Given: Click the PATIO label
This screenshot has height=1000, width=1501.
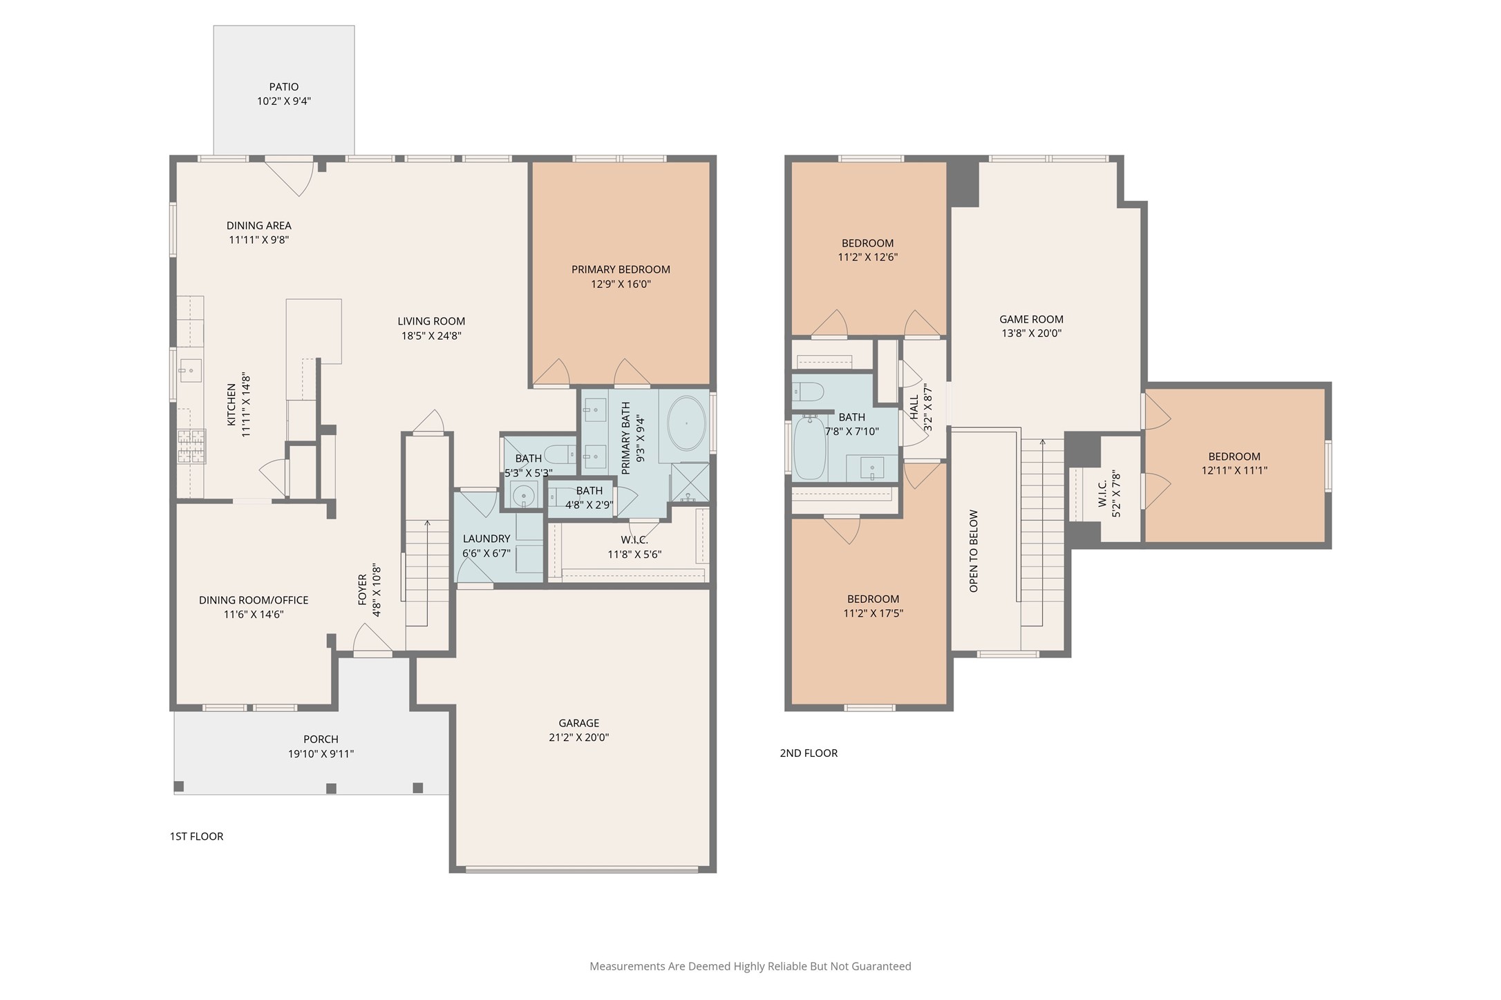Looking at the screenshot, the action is click(x=284, y=87).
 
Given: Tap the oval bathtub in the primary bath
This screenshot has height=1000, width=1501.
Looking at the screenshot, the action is click(x=686, y=423).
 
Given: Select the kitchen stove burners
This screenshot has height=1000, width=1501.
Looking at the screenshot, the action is click(x=191, y=446).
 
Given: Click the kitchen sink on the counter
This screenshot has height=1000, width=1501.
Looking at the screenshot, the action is click(x=190, y=371).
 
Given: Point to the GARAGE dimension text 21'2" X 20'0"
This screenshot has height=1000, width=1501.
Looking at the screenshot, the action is click(x=579, y=737).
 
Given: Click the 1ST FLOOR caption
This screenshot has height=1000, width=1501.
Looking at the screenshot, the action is click(x=197, y=836).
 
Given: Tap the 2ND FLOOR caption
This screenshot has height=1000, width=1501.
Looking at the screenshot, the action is click(x=809, y=753).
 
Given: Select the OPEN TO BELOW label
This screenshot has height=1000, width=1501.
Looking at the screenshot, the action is click(x=974, y=551).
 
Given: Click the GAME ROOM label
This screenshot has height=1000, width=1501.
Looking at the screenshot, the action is click(x=1031, y=319).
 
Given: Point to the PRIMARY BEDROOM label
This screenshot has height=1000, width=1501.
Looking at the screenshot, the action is click(x=621, y=269).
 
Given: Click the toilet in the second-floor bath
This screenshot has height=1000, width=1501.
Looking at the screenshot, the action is click(x=808, y=392).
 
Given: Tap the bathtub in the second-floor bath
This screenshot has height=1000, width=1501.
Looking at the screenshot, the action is click(x=809, y=447).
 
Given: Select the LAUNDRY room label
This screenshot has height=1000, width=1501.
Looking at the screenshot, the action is click(x=487, y=539).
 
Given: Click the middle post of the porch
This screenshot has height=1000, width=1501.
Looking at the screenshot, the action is click(x=331, y=788).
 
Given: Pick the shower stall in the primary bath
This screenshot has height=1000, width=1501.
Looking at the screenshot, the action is click(x=690, y=481).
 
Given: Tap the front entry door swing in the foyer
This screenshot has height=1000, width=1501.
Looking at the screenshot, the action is click(x=372, y=639).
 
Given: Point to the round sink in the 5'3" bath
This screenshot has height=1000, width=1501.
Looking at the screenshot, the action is click(x=523, y=494).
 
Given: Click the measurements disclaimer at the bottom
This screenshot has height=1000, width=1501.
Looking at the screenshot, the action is click(x=750, y=966).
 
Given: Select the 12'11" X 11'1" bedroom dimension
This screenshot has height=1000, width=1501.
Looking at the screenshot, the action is click(x=1234, y=470).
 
